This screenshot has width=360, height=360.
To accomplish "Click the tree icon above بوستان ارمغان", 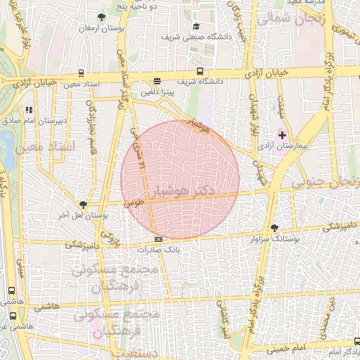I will (102, 15).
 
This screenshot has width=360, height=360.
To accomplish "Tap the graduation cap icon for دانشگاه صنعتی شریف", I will (195, 27).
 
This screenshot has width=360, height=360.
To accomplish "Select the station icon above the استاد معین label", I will (82, 73).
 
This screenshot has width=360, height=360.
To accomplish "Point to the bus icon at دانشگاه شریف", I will (200, 72).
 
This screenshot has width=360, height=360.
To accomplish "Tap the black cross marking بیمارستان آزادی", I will (283, 134).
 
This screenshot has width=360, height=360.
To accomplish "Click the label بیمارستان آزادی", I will (284, 146).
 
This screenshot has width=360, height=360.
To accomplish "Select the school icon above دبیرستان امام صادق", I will (29, 110).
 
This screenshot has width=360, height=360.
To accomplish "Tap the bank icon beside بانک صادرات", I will (157, 240).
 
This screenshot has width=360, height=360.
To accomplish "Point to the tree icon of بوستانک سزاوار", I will (274, 228).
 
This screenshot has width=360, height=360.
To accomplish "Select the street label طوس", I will (134, 202).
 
